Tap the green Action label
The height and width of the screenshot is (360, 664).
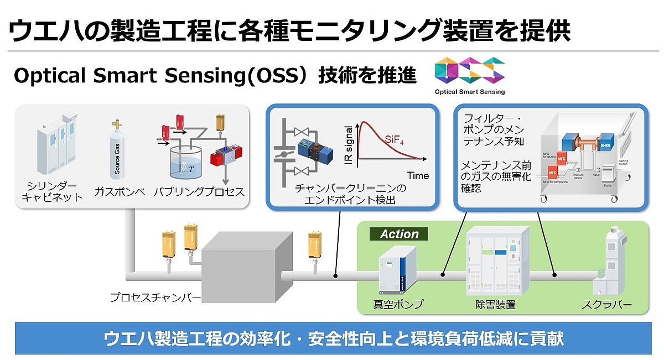click(399, 234)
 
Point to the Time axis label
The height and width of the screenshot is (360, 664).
click(418, 176)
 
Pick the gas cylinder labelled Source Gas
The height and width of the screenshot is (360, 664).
click(117, 149)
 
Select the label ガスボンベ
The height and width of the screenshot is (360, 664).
click(119, 192)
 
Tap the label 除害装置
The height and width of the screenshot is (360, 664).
click(495, 304)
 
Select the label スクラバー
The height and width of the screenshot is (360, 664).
click(606, 304)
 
